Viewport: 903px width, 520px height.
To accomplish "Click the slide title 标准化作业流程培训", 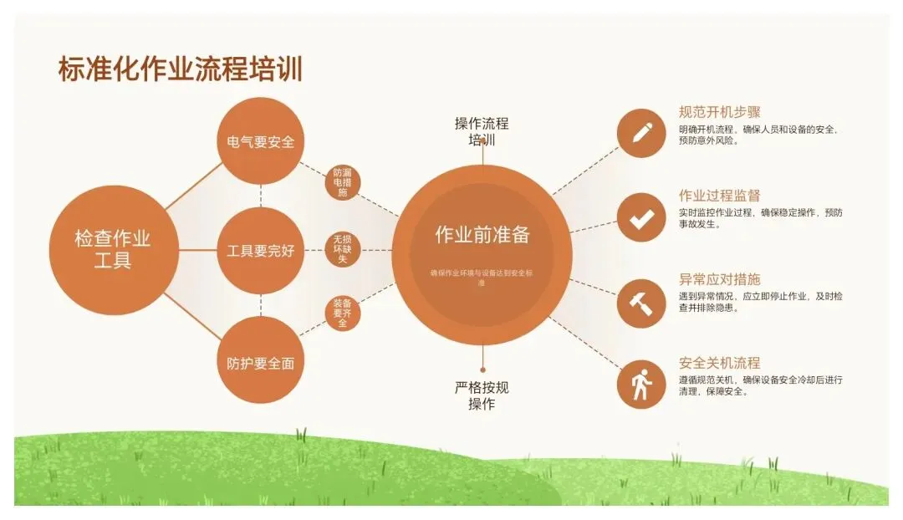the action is [180, 69].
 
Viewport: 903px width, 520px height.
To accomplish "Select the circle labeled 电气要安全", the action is [260, 142].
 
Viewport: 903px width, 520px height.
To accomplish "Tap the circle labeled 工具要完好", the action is [260, 251].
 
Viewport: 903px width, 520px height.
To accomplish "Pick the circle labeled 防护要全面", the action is [260, 363].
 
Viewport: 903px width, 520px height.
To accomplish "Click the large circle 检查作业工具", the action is [113, 250].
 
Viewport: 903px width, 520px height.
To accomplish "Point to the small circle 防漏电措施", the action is [342, 182].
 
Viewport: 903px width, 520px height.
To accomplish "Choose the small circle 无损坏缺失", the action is [342, 249].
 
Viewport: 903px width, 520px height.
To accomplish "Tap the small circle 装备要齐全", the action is [342, 314].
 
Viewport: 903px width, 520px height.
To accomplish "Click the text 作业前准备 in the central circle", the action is [482, 235].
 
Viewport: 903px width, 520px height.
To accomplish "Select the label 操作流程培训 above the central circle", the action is [482, 132].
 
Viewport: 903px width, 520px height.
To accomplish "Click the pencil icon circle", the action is [641, 132].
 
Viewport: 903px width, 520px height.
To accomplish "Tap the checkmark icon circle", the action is [641, 218].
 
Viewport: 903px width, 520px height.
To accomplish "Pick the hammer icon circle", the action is [641, 302].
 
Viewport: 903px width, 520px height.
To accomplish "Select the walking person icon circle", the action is [641, 385].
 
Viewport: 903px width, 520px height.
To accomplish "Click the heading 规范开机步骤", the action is [720, 112].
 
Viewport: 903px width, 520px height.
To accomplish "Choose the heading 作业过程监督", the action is [720, 196].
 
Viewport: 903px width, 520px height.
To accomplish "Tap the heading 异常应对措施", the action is [720, 279].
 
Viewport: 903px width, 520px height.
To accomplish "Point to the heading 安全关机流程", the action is [720, 363].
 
